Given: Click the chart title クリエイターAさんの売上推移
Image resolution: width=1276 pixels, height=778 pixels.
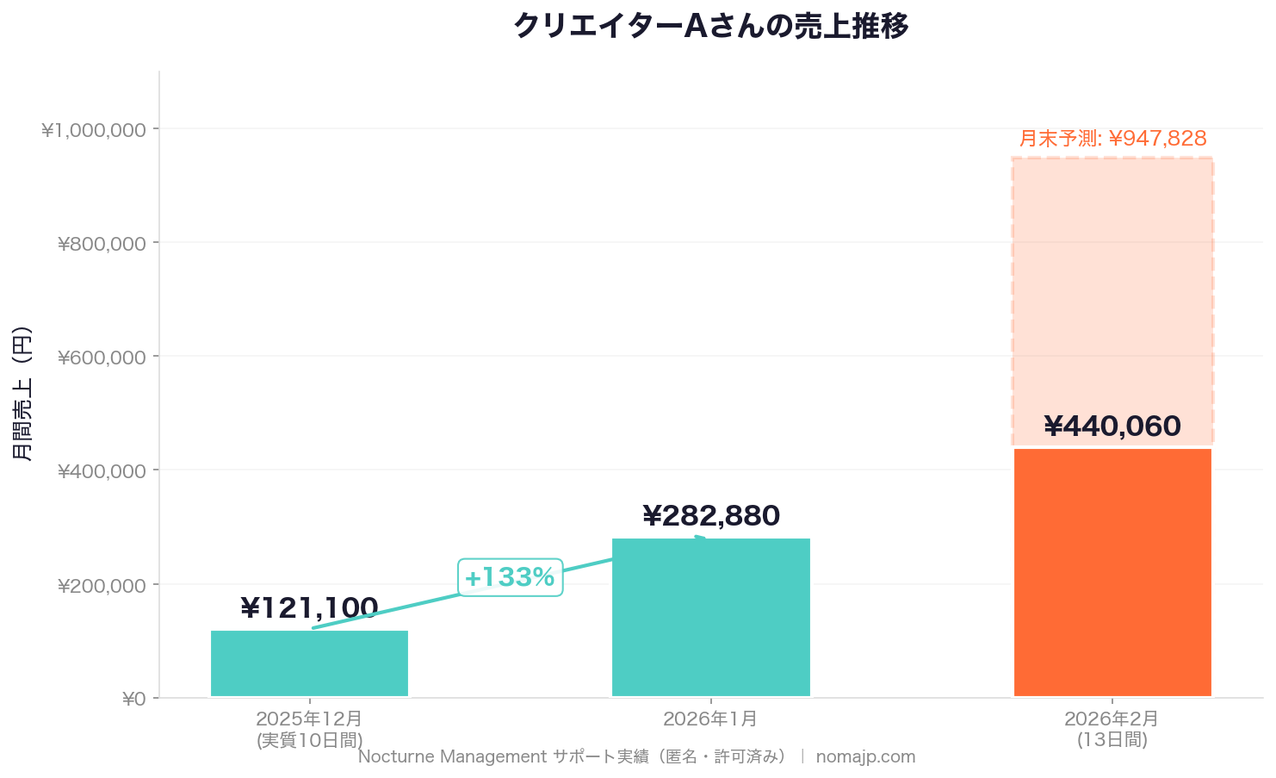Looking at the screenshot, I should pos(710,27).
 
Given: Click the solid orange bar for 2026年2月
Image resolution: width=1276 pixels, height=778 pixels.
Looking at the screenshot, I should pos(1112,572).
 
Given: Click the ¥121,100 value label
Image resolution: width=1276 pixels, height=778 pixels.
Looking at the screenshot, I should pos(309,608).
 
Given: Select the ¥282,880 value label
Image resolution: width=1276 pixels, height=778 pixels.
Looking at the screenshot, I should pos(710,516).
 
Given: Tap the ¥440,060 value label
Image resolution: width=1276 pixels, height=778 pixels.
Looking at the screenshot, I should pos(1112,426).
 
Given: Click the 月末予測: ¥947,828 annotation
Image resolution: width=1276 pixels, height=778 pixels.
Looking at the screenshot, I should pos(1112,139).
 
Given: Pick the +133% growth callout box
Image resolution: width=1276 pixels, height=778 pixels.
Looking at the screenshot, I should pos(510,577).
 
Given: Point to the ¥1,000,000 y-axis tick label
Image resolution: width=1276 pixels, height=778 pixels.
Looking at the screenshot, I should pos(93,130).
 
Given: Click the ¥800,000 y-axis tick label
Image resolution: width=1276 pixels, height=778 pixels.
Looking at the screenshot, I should pos(102,244).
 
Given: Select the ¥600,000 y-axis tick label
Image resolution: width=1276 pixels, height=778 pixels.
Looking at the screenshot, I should pos(102,358).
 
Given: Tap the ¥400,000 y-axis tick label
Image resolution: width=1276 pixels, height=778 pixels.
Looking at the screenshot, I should pos(102,471).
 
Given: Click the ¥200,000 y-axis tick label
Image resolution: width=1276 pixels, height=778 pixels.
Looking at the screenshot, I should pos(102,586).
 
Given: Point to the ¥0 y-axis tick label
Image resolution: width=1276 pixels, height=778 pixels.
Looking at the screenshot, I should pos(133,699).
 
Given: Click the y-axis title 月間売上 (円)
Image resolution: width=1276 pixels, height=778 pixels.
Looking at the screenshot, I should pos(23,393).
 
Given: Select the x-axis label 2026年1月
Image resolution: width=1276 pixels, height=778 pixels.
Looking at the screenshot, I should pos(710,719).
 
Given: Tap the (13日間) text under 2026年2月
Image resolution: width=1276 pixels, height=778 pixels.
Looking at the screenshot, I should pos(1112,739).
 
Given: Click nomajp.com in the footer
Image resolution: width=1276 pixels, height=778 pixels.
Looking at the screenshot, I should pos(865,757).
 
